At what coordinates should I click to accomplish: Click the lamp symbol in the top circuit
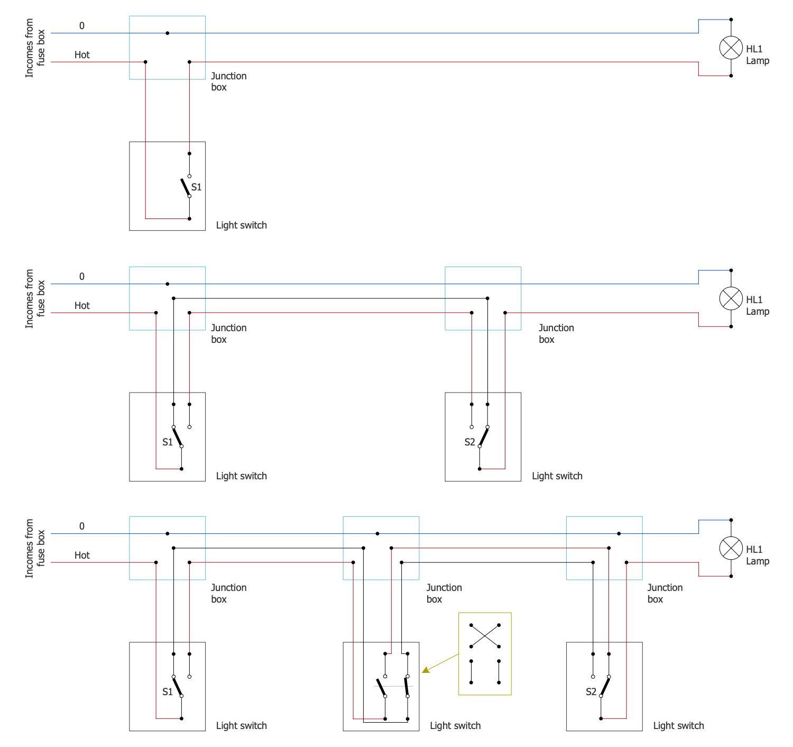731,48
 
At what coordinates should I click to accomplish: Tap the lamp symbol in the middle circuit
731,299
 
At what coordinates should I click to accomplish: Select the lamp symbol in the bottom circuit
731,548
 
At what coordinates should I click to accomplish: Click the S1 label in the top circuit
196,187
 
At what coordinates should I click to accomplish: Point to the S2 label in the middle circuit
469,442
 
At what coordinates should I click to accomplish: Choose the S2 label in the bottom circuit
591,692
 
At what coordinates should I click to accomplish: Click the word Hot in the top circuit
82,55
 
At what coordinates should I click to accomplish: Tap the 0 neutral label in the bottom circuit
82,526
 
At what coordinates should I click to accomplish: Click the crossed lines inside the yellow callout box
485,636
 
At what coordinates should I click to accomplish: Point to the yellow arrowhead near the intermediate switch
426,670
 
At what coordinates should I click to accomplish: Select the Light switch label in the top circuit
241,225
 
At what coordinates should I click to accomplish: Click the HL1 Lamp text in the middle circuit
757,306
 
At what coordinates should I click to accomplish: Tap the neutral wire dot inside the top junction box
168,33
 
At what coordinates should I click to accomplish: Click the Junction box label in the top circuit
228,81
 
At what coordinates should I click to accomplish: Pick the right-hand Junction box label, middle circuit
556,333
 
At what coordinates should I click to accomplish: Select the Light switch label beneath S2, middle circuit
557,476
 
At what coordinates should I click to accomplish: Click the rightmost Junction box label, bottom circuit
665,593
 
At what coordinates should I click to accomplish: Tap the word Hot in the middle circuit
82,306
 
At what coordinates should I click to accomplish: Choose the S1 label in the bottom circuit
167,692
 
